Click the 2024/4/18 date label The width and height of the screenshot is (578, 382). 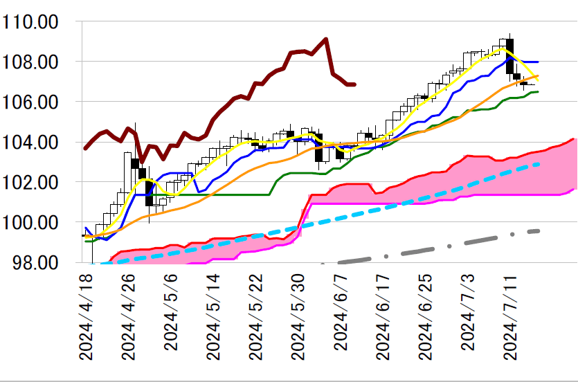click(x=86, y=315)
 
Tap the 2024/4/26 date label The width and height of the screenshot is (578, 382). click(x=129, y=315)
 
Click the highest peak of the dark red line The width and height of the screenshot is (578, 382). click(x=325, y=39)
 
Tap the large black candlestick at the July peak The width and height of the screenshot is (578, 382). click(x=510, y=56)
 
